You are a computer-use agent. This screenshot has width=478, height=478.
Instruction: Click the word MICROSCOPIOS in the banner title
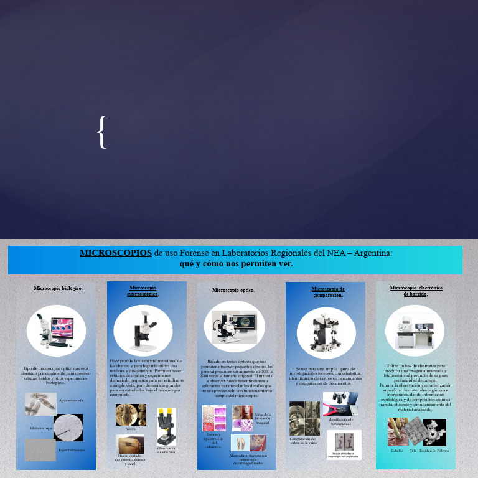tap(116, 253)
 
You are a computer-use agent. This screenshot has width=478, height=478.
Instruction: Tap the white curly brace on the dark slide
tap(103, 132)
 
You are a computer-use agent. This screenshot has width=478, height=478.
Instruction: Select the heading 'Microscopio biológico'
tap(58, 289)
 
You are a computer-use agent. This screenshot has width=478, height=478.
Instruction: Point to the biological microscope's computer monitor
tap(62, 326)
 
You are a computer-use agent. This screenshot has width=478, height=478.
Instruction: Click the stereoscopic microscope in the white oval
tap(143, 330)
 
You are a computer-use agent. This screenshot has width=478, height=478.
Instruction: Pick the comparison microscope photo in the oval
tap(326, 328)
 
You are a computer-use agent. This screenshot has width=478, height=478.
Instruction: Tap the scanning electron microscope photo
tap(414, 330)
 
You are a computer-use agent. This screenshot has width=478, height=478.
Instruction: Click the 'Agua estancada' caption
tap(71, 400)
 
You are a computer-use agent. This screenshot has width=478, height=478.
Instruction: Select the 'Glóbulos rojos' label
tap(41, 428)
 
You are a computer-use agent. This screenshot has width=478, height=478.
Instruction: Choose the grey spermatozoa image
tap(40, 449)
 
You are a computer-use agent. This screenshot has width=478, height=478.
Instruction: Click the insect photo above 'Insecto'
tap(131, 415)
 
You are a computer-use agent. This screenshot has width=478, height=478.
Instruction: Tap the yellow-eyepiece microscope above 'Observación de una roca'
tap(166, 426)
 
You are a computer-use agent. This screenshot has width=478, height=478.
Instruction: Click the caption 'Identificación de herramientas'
tap(340, 421)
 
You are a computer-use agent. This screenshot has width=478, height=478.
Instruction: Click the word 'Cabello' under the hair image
tap(396, 450)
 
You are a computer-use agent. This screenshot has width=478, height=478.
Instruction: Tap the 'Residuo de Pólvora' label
tap(434, 450)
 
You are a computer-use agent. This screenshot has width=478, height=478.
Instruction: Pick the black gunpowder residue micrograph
tap(434, 432)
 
